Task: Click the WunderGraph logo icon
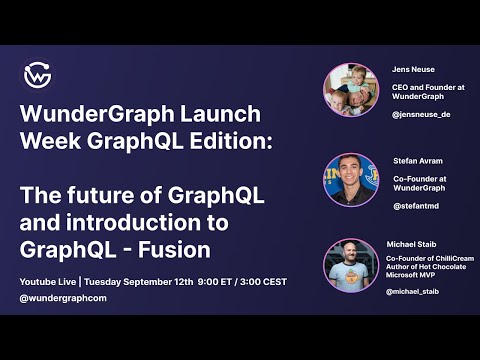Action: (38, 75)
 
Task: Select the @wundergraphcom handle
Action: (62, 299)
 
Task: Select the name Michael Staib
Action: (413, 244)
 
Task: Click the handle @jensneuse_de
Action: (420, 116)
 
